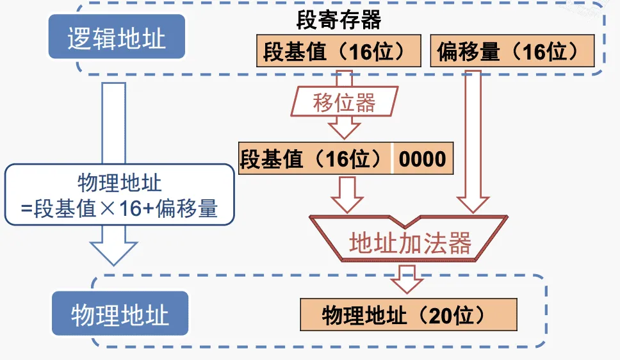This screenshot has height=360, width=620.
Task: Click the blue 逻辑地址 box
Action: pyautogui.click(x=117, y=38)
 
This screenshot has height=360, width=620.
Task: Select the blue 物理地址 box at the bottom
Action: pyautogui.click(x=120, y=315)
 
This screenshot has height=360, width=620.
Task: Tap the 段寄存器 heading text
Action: pyautogui.click(x=339, y=20)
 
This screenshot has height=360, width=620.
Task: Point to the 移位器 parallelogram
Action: pyautogui.click(x=344, y=103)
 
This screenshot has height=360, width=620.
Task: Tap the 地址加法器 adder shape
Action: pyautogui.click(x=410, y=243)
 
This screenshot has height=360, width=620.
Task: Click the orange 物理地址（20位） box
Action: pyautogui.click(x=408, y=315)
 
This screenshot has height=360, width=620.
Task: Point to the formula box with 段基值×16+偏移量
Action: pyautogui.click(x=119, y=195)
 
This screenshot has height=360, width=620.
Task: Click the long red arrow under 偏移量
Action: pyautogui.click(x=473, y=141)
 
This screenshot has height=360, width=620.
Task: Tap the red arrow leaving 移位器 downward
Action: pyautogui.click(x=344, y=127)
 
